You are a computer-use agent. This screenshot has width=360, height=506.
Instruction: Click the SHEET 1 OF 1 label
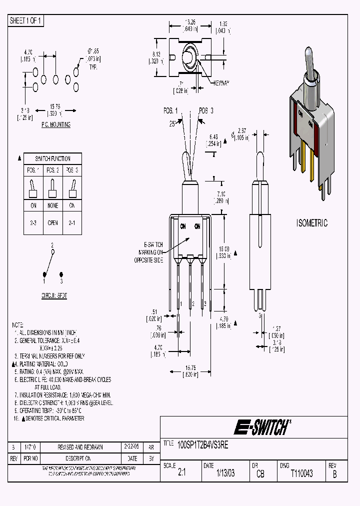(26, 20)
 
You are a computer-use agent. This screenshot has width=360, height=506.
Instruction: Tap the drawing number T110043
(301, 473)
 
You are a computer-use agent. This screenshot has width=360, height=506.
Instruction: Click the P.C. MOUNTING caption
(55, 124)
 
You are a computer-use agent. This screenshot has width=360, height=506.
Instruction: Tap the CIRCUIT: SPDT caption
(54, 296)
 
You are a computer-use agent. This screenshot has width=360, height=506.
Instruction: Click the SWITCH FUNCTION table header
(52, 158)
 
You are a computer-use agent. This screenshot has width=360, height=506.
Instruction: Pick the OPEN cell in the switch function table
(52, 223)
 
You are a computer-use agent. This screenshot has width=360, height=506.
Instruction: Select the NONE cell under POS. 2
(52, 205)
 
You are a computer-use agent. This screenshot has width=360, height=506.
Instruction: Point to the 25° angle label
(172, 123)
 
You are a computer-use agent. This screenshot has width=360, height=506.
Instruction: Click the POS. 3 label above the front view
(205, 110)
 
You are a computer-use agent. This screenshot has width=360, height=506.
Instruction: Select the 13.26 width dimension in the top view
(190, 22)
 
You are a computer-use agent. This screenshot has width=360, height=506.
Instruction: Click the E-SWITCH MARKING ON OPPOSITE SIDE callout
(149, 252)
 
